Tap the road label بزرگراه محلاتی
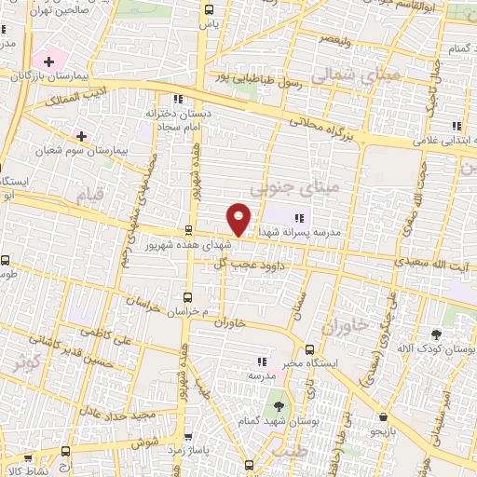click(320, 126)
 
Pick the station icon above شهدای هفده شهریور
click(189, 229)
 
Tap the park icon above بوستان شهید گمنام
click(277, 405)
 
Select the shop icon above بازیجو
click(382, 417)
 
